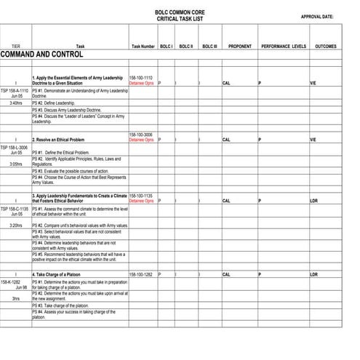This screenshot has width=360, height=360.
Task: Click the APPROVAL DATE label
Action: pyautogui.click(x=316, y=17)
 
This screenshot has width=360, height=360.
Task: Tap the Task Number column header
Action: pyautogui.click(x=143, y=46)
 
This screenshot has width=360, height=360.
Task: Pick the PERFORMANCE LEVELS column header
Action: pyautogui.click(x=283, y=46)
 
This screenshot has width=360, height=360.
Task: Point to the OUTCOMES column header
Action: pyautogui.click(x=325, y=46)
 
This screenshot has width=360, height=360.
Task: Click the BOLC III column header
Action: pyautogui.click(x=209, y=46)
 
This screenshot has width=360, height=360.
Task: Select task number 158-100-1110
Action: pyautogui.click(x=140, y=77)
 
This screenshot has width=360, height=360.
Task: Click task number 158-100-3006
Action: pyautogui.click(x=140, y=135)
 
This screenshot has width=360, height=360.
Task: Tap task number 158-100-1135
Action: pyautogui.click(x=140, y=196)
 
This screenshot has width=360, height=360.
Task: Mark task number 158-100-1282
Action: pyautogui.click(x=140, y=274)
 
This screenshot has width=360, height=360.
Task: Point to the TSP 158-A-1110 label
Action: pyautogui.click(x=15, y=90)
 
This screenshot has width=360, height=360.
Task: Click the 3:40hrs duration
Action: pyautogui.click(x=15, y=103)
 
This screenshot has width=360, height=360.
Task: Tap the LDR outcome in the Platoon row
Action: pyautogui.click(x=313, y=274)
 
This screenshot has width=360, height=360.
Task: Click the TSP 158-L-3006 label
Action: pyautogui.click(x=15, y=146)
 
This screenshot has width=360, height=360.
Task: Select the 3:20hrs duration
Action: pyautogui.click(x=15, y=225)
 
